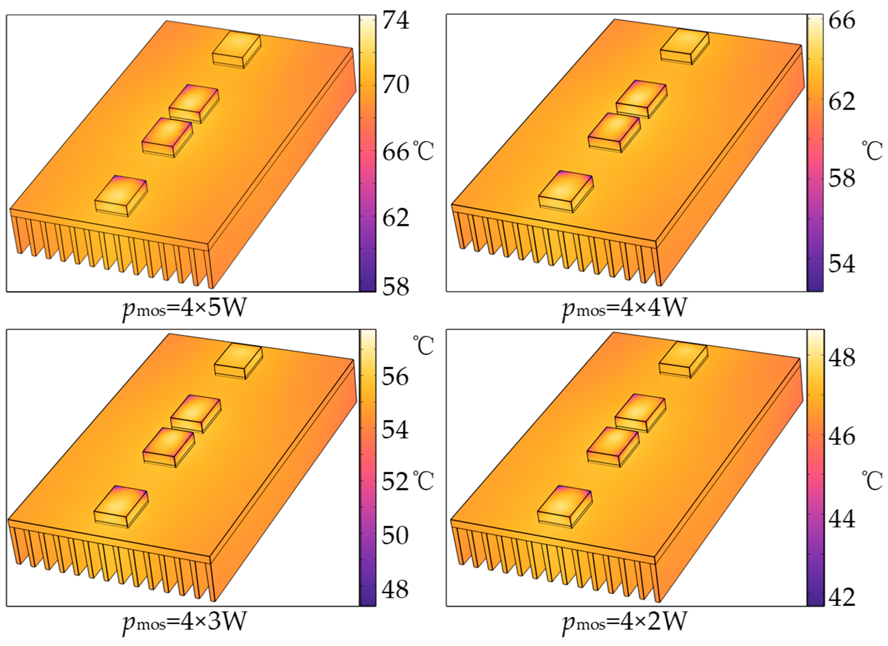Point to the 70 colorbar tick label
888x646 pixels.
pyautogui.click(x=396, y=85)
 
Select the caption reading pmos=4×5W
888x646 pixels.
pyautogui.click(x=184, y=309)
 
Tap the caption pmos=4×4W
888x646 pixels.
pyautogui.click(x=624, y=309)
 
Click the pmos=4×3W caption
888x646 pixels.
pyautogui.click(x=184, y=622)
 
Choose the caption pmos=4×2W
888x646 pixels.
pyautogui.click(x=624, y=622)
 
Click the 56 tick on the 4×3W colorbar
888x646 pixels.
pyautogui.click(x=395, y=377)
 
